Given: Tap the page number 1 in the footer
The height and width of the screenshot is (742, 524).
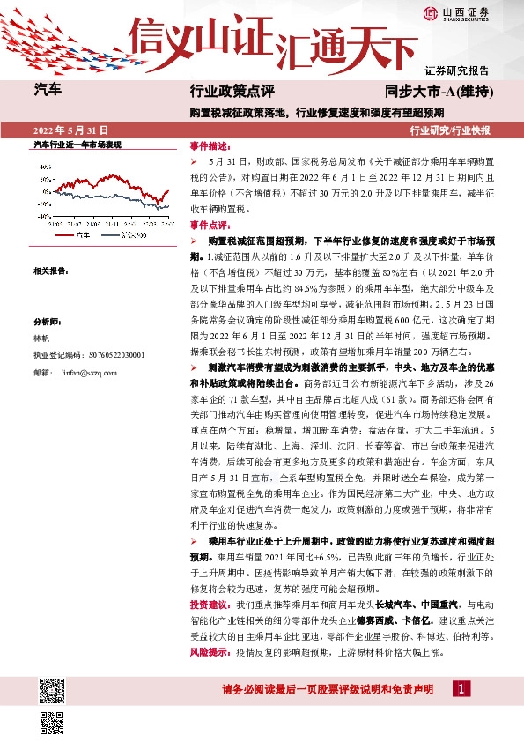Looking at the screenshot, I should coord(463,688).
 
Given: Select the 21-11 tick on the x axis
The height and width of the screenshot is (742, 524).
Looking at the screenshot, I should coord(111,224).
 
